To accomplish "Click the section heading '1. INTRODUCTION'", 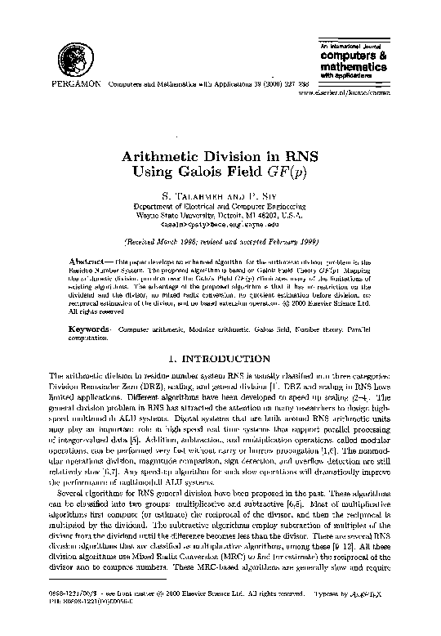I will point(220,357).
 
